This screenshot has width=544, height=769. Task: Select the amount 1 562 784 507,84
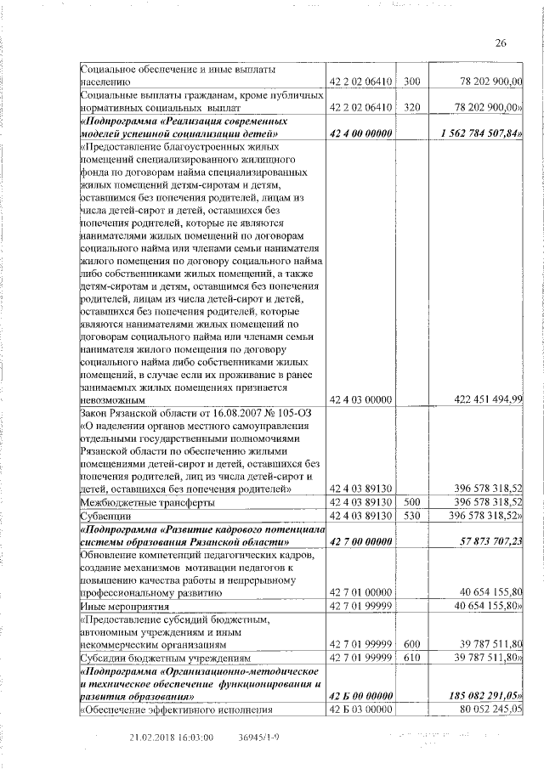tap(482, 133)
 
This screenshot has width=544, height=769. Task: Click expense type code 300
tap(412, 82)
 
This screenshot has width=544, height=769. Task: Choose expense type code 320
tap(412, 108)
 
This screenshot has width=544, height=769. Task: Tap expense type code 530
tap(412, 516)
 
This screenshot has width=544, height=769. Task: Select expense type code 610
tap(412, 658)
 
